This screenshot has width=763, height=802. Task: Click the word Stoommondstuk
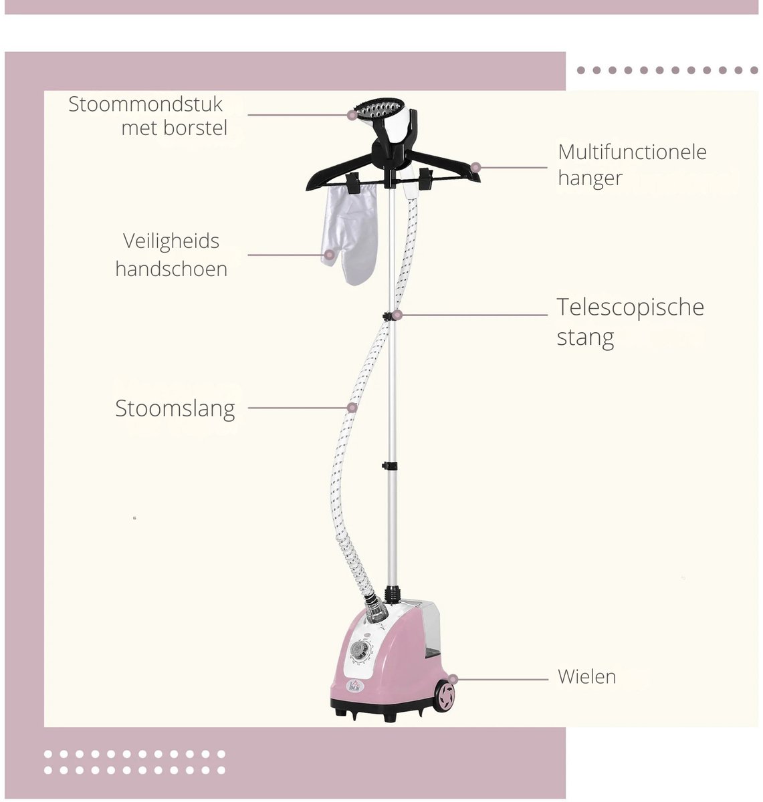[x=145, y=104]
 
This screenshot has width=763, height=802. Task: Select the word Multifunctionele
[x=632, y=152]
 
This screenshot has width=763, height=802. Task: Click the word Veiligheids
[x=171, y=241]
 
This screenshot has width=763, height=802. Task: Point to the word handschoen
[x=171, y=269]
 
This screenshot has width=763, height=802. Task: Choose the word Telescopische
[x=631, y=307]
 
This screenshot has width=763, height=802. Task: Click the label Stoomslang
[x=175, y=408]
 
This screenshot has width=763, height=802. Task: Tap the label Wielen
[x=586, y=676]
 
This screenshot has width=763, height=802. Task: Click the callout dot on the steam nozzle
[x=352, y=115]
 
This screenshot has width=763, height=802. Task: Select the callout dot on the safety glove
[x=329, y=255]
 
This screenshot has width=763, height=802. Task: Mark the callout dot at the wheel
[x=453, y=679]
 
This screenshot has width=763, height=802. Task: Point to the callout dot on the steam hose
[x=352, y=408]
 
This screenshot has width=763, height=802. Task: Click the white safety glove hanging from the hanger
[x=350, y=234]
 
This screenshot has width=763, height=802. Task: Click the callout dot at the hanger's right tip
[x=475, y=167]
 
